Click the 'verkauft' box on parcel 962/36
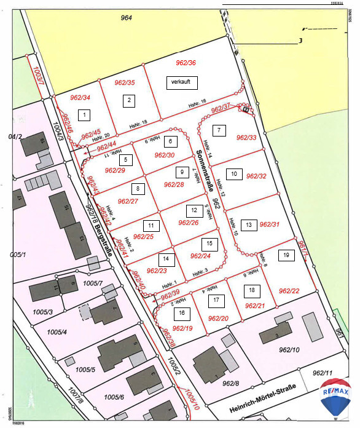pos(182,82)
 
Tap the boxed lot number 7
pos(218,130)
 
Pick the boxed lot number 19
pos(286,255)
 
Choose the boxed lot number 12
pos(194,210)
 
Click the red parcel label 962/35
pos(125,82)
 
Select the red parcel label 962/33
pos(246,138)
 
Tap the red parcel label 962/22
pos(289,291)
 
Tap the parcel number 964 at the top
pos(127,18)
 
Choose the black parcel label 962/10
pos(288,350)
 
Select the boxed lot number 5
pos(125,160)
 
